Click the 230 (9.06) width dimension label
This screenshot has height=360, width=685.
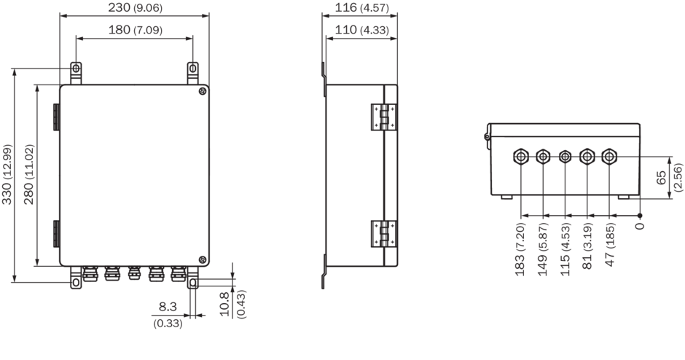[135, 7]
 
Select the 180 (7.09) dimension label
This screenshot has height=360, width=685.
[135, 30]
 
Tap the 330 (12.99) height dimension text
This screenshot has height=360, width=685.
[7, 174]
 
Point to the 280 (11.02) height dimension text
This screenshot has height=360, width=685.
[29, 174]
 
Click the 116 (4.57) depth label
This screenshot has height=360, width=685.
[361, 7]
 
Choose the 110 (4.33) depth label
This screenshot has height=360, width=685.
[361, 30]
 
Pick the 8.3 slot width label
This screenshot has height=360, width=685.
[168, 307]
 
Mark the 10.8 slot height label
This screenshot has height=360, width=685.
[224, 304]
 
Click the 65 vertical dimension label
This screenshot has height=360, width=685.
[662, 177]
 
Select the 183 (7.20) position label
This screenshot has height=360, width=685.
[520, 249]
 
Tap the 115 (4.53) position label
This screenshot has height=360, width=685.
[565, 249]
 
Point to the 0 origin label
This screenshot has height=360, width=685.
[640, 226]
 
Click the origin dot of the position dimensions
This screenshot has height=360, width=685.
[640, 216]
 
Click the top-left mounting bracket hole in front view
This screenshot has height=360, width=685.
[76, 69]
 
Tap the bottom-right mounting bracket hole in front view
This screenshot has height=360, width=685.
[192, 283]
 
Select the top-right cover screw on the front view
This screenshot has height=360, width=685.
[203, 91]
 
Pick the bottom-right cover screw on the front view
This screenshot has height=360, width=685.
[203, 259]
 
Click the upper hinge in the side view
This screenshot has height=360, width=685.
[383, 117]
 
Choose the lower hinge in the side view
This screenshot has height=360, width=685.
[383, 234]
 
